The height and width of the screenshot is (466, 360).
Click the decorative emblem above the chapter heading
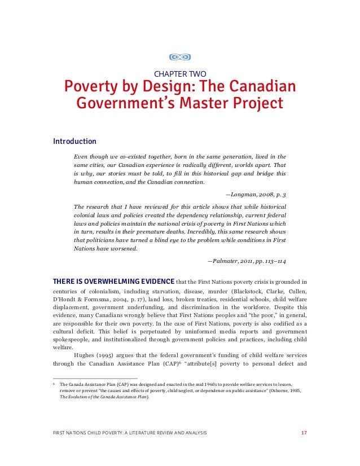tap(180, 57)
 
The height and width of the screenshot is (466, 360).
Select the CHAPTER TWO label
tap(180, 73)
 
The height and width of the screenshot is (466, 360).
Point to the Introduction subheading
tap(74, 141)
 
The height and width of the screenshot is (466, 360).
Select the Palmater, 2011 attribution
tap(247, 261)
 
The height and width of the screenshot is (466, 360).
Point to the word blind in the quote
tap(152, 240)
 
